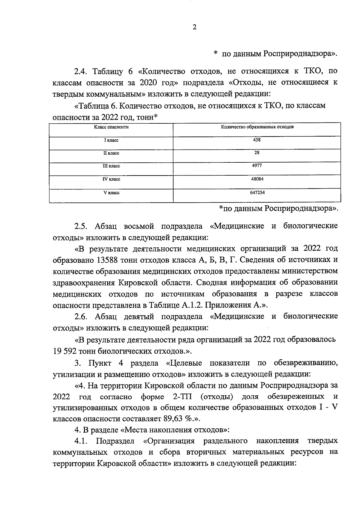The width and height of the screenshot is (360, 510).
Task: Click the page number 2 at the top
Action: point(194,28)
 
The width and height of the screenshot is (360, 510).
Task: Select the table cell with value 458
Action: point(257,140)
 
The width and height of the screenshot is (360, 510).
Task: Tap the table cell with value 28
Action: point(257,153)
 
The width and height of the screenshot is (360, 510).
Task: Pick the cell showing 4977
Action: point(257,166)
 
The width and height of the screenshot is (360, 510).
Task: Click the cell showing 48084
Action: point(257,179)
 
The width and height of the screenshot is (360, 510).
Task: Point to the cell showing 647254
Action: point(257,193)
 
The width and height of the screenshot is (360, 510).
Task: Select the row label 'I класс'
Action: point(111,140)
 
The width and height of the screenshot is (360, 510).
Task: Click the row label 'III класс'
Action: point(111,166)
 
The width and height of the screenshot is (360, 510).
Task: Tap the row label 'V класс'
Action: point(111,193)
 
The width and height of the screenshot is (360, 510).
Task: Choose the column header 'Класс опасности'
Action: point(111,127)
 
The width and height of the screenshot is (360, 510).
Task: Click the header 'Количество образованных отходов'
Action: point(257,127)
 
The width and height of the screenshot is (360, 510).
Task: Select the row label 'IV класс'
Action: point(111,179)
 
